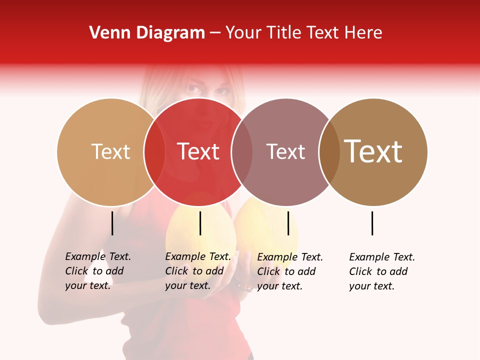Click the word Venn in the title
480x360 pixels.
point(107,33)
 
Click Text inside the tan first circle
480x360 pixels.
point(110,151)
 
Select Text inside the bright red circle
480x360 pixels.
point(198,151)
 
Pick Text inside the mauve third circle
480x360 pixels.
point(285,151)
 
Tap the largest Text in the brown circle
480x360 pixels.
point(373,151)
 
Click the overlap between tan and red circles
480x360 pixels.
point(154,152)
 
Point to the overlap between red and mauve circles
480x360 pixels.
point(242,152)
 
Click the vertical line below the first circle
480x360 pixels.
point(112,223)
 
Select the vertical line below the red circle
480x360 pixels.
point(200,223)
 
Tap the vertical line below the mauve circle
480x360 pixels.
point(288,223)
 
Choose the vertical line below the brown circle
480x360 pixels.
point(372,223)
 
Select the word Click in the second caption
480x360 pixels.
point(176,271)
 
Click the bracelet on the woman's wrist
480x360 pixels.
point(245,287)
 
